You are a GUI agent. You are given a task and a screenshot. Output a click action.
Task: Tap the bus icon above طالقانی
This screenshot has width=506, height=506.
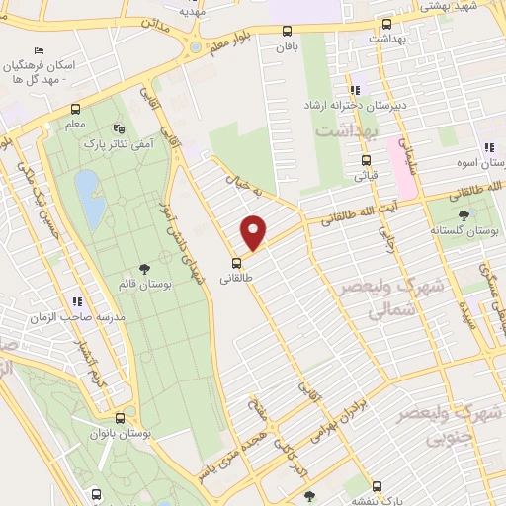pos(236,263)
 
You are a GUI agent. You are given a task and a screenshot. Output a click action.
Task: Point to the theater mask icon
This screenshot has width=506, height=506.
pos(120,128)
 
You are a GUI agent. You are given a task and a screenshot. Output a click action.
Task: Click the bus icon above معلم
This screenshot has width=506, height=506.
pos(76,109)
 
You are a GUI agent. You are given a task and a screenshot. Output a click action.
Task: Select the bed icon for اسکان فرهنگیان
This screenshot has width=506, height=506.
pos(39,50)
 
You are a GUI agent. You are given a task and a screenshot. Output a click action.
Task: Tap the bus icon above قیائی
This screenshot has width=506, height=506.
pos(366,160)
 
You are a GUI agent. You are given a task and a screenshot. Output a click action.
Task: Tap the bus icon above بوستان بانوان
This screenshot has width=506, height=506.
pos(119,418)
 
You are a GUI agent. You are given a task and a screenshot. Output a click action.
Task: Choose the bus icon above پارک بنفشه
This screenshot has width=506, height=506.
pos(377,486)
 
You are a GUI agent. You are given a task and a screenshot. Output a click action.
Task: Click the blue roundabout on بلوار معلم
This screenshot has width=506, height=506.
pos(194,45)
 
